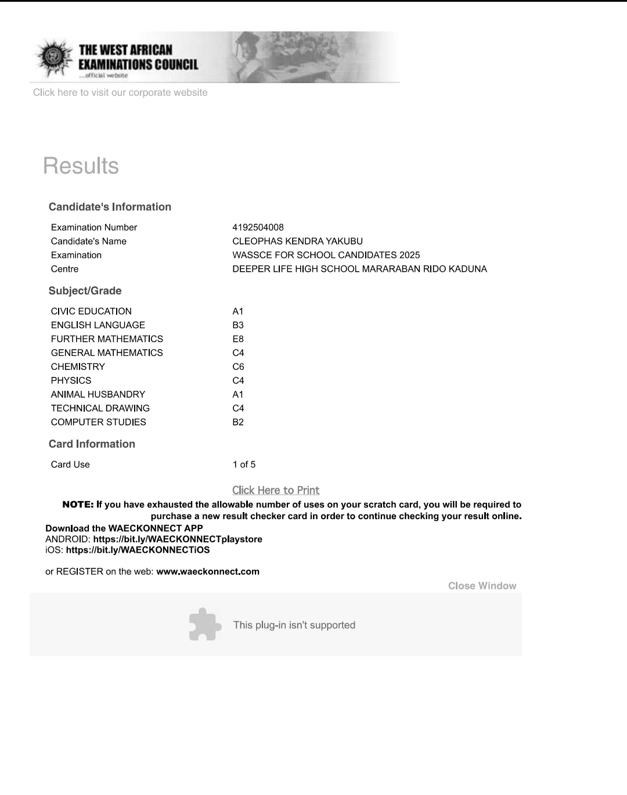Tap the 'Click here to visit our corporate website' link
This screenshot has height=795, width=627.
(120, 92)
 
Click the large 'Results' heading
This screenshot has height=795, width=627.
(81, 166)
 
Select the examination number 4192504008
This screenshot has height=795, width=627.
(258, 227)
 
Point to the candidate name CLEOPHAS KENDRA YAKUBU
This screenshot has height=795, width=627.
(297, 241)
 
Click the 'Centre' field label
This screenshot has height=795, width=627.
(64, 269)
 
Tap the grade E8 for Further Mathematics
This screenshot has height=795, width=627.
(238, 339)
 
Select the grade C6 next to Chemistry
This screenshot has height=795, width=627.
(238, 366)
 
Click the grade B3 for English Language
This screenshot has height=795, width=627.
(238, 325)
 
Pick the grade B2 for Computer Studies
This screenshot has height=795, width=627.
(238, 422)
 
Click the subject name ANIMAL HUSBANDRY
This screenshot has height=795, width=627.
(98, 394)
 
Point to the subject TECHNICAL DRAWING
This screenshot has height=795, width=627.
(100, 408)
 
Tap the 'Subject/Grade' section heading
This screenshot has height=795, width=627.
(85, 291)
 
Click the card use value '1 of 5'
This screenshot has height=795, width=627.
(244, 465)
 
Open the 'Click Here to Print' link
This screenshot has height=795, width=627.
(276, 490)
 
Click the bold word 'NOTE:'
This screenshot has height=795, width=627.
(78, 505)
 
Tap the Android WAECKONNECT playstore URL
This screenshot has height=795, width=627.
(178, 539)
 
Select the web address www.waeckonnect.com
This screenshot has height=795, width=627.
(208, 571)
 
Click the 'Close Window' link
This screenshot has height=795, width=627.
(482, 586)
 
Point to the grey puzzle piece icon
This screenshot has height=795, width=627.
(205, 624)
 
